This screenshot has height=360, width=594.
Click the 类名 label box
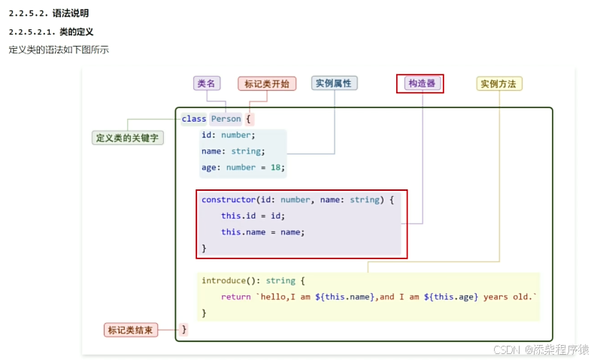click(x=206, y=83)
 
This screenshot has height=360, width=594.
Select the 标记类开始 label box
click(x=267, y=83)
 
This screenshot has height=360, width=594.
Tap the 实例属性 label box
click(x=334, y=83)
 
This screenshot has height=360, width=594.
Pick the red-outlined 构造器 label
click(x=420, y=83)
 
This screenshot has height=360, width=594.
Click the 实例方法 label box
click(x=499, y=83)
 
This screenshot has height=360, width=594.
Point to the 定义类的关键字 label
click(x=128, y=138)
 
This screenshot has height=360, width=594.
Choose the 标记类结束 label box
click(x=131, y=330)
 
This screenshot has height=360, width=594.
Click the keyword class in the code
click(x=194, y=119)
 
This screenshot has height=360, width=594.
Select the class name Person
click(x=226, y=119)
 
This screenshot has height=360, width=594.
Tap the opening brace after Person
click(x=249, y=119)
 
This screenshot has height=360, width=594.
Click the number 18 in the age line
click(x=276, y=168)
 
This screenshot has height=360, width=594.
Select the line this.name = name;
click(x=262, y=231)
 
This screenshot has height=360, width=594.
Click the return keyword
click(x=235, y=297)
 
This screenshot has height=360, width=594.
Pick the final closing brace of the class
click(x=184, y=329)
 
